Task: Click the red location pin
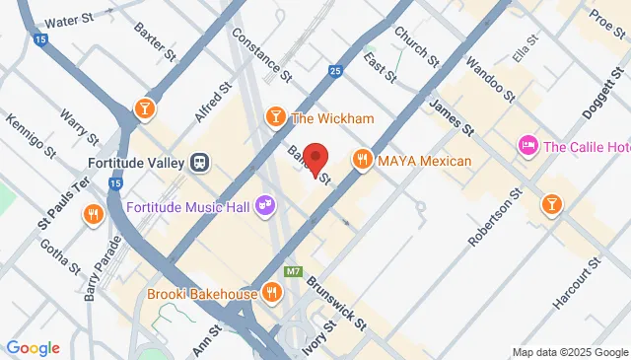[x=315, y=160]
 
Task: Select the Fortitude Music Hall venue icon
[x=263, y=205]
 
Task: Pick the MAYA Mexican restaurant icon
[x=362, y=160]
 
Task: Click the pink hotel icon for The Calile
[x=527, y=147]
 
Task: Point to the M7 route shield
[x=292, y=271]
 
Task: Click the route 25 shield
[x=335, y=71]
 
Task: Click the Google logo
[x=34, y=347]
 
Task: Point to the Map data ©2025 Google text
[x=570, y=352]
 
